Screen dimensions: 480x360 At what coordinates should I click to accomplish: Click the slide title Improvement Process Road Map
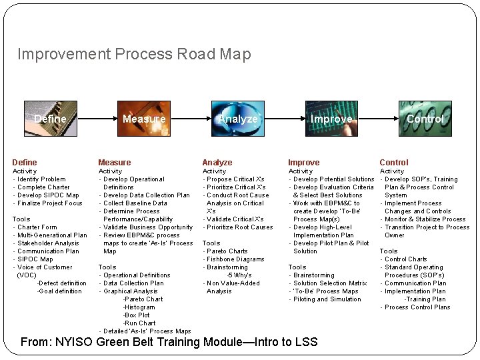coord(134,54)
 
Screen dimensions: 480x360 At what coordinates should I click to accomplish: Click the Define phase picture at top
coord(50,118)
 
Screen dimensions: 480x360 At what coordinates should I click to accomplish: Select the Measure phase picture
coord(144,118)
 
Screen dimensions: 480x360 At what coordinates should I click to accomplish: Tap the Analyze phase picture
coord(238,118)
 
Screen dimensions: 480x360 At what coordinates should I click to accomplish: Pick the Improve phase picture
coord(331,118)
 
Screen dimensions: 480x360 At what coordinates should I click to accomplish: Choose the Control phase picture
coord(425,118)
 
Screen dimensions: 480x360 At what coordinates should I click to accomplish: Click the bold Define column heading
coord(25,163)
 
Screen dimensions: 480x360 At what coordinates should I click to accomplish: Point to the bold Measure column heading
coord(115,163)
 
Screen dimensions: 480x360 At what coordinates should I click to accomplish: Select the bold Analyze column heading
coord(217,163)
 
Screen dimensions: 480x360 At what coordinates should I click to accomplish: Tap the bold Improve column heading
coord(303,163)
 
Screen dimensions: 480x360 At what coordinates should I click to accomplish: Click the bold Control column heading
coord(394,163)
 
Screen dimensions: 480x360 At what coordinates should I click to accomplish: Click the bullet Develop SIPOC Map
coord(48,195)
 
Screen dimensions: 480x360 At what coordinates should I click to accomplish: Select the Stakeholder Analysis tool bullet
coord(48,243)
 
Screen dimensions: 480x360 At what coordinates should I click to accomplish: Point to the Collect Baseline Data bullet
coord(135,203)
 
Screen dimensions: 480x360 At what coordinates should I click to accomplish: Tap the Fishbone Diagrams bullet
coord(235,259)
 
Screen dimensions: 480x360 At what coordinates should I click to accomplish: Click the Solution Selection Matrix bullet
coord(330,283)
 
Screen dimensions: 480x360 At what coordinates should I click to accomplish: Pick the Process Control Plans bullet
coord(417,307)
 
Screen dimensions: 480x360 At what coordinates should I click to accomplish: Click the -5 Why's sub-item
coord(239,275)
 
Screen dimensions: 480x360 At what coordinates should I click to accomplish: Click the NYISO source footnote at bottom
coord(169,343)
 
